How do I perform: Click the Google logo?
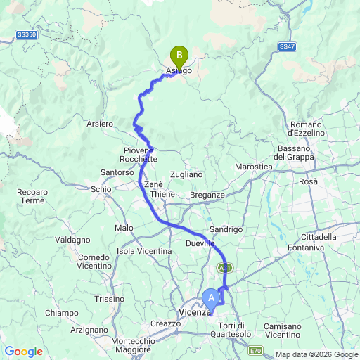pyautogui.click(x=23, y=352)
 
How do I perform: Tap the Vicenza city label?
pyautogui.click(x=192, y=311)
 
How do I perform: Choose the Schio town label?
pyautogui.click(x=101, y=189)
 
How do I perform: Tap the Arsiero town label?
pyautogui.click(x=100, y=124)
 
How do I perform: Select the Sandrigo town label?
pyautogui.click(x=226, y=229)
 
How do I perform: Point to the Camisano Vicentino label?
pyautogui.click(x=286, y=330)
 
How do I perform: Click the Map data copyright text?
pyautogui.click(x=316, y=354)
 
